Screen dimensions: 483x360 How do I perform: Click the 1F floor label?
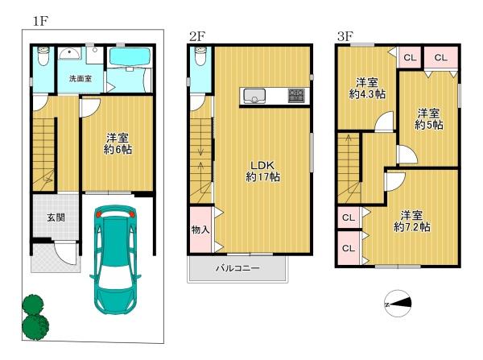tap(40, 21)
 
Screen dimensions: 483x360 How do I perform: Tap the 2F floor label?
tap(197, 37)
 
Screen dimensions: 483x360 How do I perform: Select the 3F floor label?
tap(345, 37)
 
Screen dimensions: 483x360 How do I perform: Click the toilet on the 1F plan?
tap(43, 56)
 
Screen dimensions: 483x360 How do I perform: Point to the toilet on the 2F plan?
tap(200, 56)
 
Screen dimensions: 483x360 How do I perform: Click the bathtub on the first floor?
tap(130, 56)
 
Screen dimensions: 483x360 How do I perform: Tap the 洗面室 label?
tap(80, 79)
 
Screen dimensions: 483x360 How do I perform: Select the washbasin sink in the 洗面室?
tap(70, 53)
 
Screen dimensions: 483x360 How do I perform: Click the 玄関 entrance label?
tap(56, 217)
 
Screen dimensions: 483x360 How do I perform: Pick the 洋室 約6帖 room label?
tap(118, 143)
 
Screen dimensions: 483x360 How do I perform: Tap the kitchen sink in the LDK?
tap(254, 96)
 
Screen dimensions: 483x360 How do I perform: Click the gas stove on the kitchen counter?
tap(296, 96)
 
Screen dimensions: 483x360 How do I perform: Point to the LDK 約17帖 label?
tap(262, 171)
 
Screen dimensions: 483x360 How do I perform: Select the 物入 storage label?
tap(200, 230)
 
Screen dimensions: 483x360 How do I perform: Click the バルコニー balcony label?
tap(237, 268)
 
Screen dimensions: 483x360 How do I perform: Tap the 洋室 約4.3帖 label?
tap(367, 88)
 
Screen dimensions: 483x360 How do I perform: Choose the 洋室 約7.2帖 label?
tap(412, 221)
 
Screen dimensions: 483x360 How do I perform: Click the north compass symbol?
tap(398, 304)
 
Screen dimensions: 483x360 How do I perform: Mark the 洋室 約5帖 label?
tap(429, 119)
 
